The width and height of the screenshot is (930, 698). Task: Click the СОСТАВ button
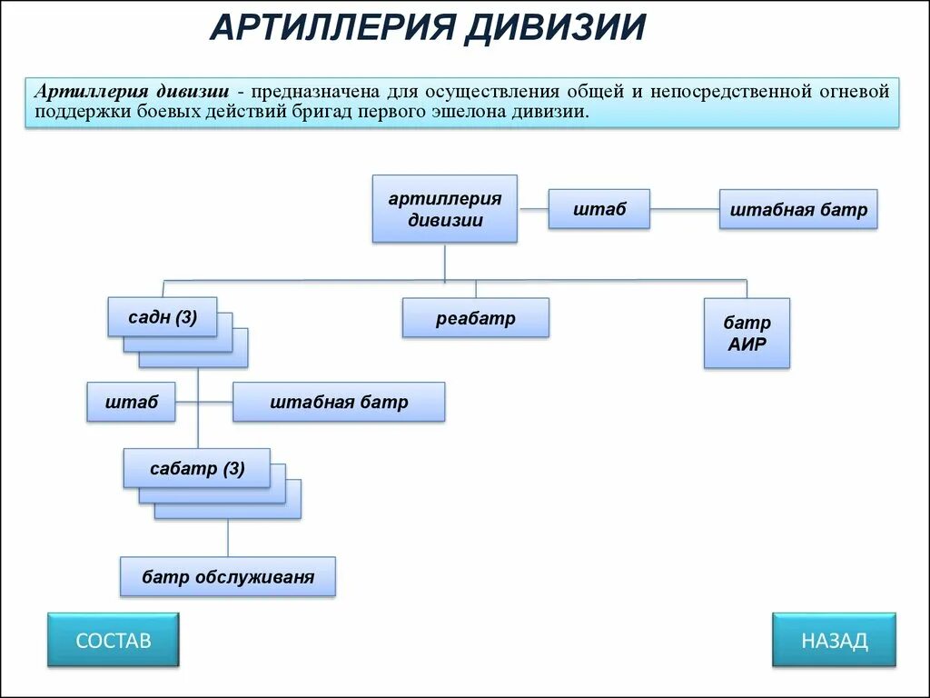coord(113,640)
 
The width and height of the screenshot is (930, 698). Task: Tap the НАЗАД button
coord(834,640)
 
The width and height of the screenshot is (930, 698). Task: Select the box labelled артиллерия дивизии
coord(444,209)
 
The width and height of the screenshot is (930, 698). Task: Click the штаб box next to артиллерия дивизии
coord(599,209)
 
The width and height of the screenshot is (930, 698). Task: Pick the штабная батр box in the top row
coord(798,210)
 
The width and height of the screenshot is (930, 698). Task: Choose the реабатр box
coord(475,318)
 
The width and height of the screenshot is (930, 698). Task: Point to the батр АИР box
coord(747,333)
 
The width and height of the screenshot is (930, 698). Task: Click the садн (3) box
coord(162,317)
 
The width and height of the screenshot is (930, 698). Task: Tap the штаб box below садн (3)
coord(131,402)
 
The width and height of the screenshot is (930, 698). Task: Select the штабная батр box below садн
coord(339,402)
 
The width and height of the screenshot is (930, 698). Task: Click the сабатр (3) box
coord(196,469)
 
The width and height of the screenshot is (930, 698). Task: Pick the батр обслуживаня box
coord(227,577)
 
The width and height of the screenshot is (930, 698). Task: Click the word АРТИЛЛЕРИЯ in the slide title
coord(331,27)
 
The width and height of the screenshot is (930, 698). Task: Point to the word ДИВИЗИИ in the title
coord(555,27)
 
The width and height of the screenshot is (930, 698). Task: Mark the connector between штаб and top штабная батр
coord(685,210)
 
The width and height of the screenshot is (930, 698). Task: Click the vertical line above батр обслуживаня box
coord(227,538)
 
